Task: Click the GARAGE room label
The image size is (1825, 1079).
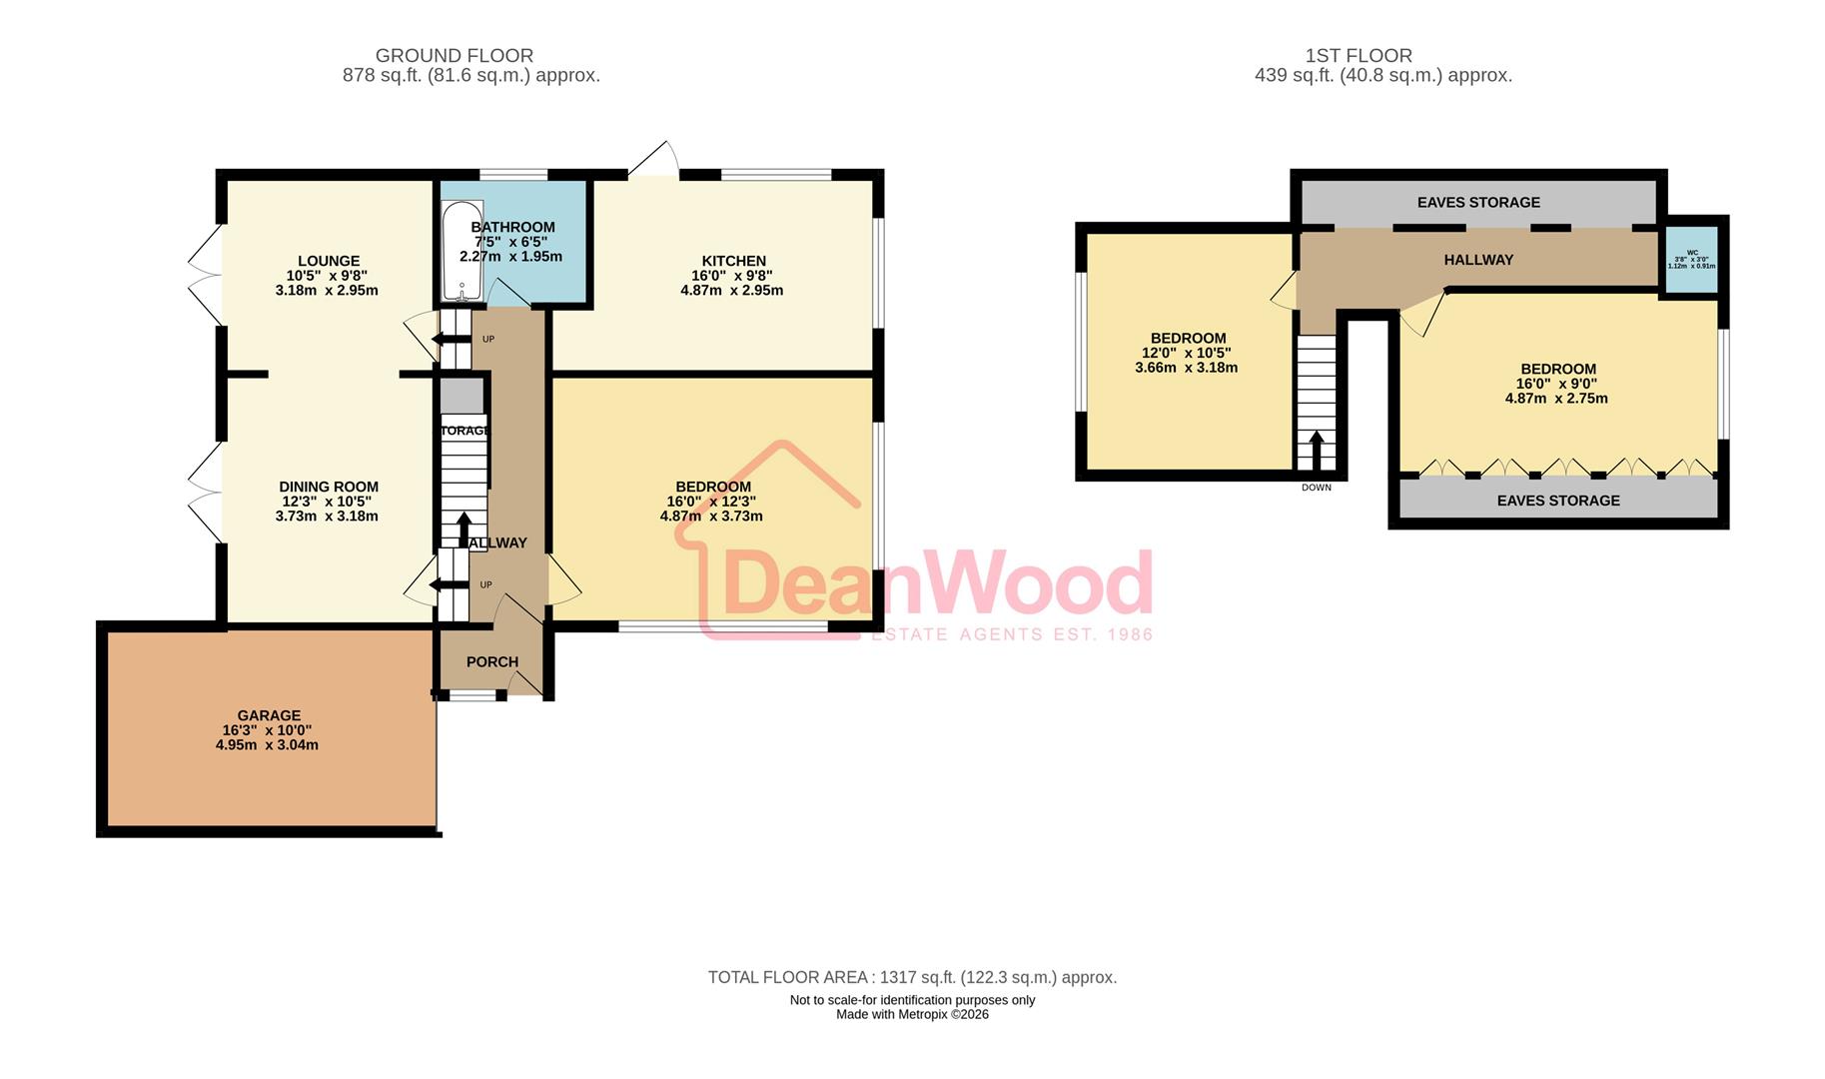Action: click(269, 715)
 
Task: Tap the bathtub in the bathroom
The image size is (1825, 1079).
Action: click(461, 252)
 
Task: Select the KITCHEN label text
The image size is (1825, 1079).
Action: click(733, 261)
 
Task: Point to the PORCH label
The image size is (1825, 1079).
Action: click(492, 661)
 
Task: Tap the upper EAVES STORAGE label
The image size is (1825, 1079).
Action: click(1478, 203)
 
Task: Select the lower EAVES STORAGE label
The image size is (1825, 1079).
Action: click(1557, 501)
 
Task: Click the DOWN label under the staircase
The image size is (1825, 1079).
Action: click(1316, 488)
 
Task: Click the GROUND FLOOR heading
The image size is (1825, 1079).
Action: click(455, 56)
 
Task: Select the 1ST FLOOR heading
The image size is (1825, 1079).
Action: click(1359, 56)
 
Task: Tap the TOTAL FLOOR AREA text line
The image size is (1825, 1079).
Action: click(912, 977)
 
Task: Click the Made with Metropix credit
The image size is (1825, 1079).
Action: click(912, 1014)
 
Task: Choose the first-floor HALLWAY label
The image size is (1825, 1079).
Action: click(1478, 260)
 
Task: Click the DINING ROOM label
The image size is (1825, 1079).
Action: click(328, 487)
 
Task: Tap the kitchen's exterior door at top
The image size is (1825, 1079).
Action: click(655, 160)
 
